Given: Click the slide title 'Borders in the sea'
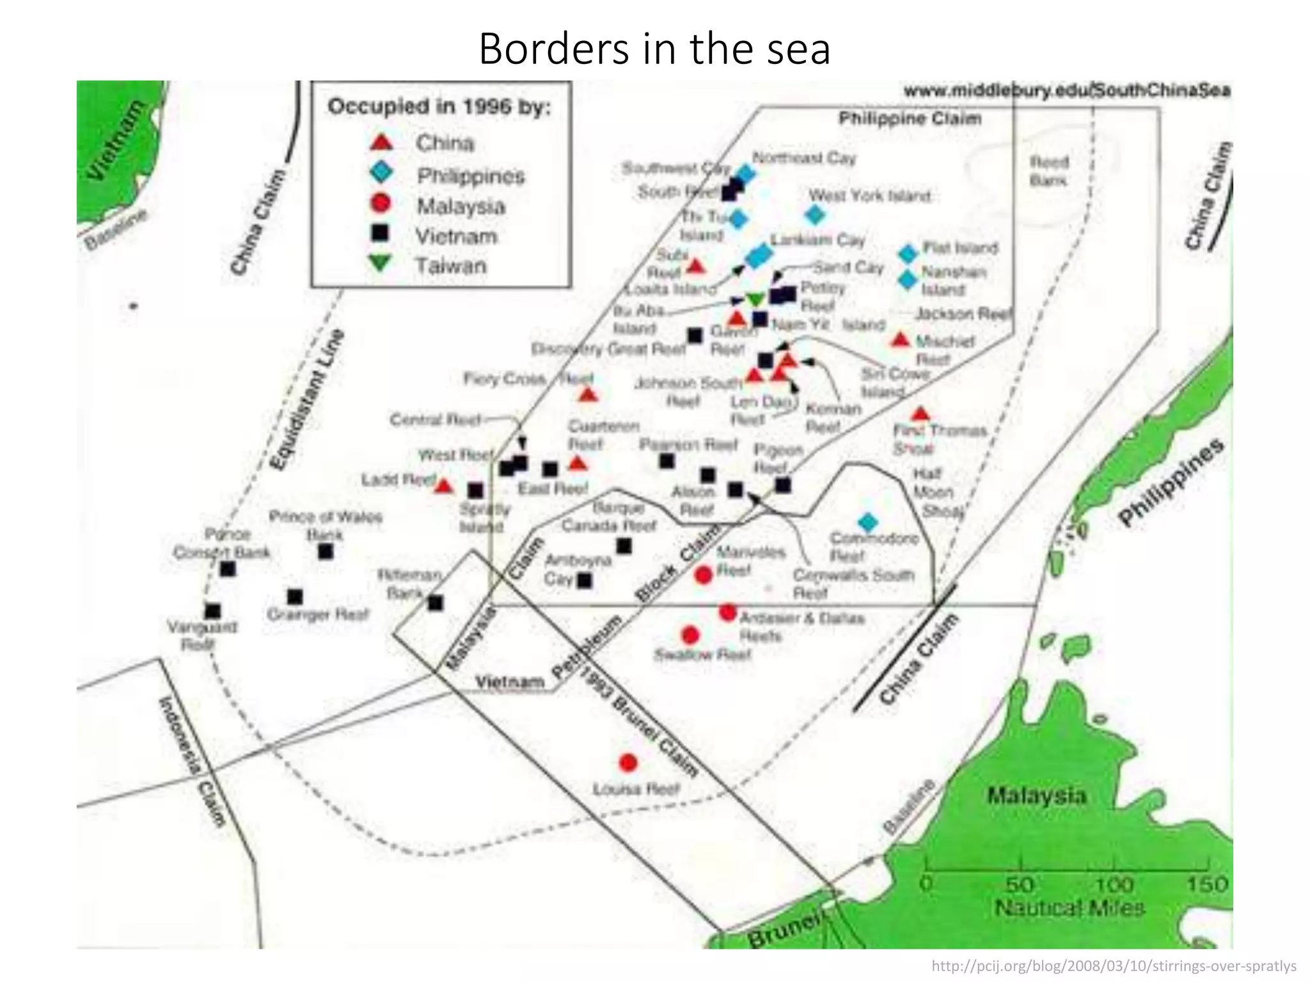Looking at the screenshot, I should pyautogui.click(x=654, y=49).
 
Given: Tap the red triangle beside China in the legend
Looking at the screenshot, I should pyautogui.click(x=382, y=143).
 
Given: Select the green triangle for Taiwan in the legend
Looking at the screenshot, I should pyautogui.click(x=381, y=263).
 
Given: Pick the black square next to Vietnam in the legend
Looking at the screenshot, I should pyautogui.click(x=381, y=233).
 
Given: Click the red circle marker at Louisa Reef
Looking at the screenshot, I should pyautogui.click(x=628, y=762).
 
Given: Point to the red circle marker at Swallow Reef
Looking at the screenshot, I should pyautogui.click(x=690, y=635).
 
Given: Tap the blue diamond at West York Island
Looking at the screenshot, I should pyautogui.click(x=814, y=215).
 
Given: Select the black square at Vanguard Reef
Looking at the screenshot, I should pyautogui.click(x=212, y=611).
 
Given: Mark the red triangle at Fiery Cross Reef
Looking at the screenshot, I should pyautogui.click(x=588, y=396).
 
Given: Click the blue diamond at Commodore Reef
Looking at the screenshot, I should pyautogui.click(x=867, y=522).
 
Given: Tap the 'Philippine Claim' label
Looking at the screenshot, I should pyautogui.click(x=910, y=119).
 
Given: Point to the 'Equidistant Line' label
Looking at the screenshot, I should pyautogui.click(x=306, y=400).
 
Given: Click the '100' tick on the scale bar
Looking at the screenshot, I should pyautogui.click(x=1114, y=884).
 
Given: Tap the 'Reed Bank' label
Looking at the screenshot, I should pyautogui.click(x=1049, y=171).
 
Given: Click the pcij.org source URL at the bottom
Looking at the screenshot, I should pyautogui.click(x=1114, y=966).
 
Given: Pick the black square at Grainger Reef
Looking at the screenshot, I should pyautogui.click(x=295, y=596).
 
